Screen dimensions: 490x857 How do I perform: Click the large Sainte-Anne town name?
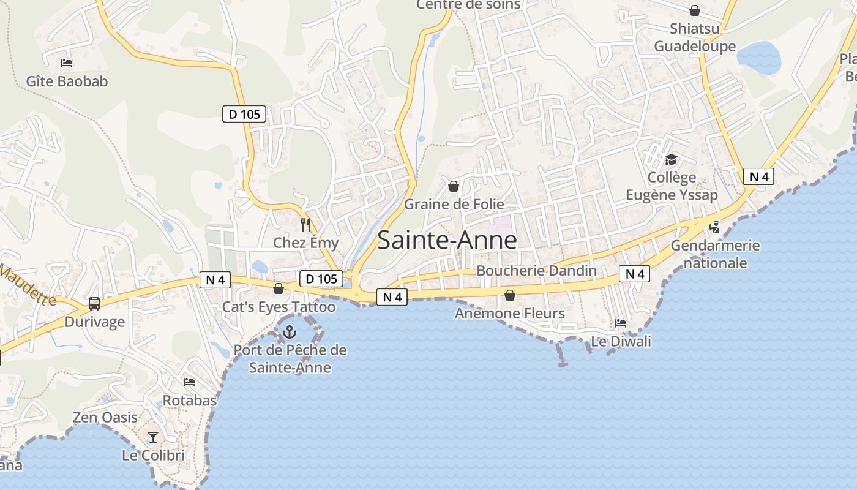(447, 239)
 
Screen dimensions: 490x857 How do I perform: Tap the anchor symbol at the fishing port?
(288, 333)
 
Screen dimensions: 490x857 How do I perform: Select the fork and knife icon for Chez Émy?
(305, 225)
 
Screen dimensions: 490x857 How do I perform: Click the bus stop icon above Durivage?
(94, 303)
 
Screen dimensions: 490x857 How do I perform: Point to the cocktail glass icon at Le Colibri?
(153, 437)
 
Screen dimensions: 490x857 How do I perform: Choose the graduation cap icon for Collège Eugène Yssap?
(672, 159)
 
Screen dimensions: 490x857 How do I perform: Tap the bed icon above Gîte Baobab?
(67, 62)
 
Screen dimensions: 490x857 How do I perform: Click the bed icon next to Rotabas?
(189, 382)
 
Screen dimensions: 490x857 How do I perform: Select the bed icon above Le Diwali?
(621, 323)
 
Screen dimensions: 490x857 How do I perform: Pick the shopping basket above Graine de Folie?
(454, 186)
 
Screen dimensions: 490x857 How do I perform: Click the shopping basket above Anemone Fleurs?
(509, 295)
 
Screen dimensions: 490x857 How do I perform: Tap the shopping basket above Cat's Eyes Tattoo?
(279, 288)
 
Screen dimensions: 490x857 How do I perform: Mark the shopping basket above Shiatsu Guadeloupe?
(695, 10)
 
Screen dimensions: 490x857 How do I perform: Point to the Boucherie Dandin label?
(536, 271)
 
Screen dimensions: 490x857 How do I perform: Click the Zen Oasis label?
(105, 417)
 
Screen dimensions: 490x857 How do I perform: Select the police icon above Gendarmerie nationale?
(714, 227)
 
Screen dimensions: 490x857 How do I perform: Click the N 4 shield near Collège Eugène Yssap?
(759, 177)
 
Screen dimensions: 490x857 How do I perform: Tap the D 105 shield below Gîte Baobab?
(244, 113)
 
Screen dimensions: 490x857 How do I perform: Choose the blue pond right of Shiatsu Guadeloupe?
(759, 58)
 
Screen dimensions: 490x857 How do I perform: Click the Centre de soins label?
(468, 5)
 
